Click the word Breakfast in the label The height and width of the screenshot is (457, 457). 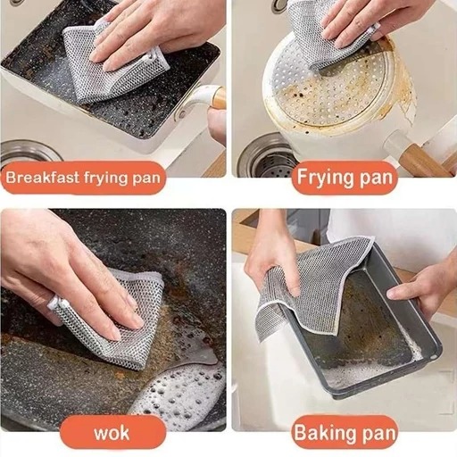[x=43, y=178]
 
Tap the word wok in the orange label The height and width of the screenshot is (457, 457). [x=112, y=433]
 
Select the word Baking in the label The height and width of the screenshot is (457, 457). [x=321, y=433]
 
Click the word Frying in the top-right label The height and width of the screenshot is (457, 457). [x=326, y=178]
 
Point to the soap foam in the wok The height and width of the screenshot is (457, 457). [x=179, y=393]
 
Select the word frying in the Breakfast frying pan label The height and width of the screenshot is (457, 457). [x=106, y=179]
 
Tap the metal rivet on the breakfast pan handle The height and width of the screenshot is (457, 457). [x=181, y=113]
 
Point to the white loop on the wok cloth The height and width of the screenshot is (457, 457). [x=56, y=302]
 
